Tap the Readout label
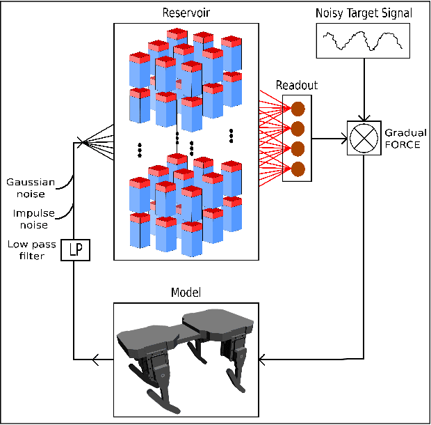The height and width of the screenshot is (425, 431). pyautogui.click(x=297, y=85)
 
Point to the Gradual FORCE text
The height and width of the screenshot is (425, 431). pyautogui.click(x=405, y=138)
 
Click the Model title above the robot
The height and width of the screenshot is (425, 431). pyautogui.click(x=186, y=292)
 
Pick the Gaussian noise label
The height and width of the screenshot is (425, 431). pyautogui.click(x=26, y=188)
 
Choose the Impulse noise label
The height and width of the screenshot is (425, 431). pyautogui.click(x=28, y=219)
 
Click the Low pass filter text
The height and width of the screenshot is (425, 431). pyautogui.click(x=26, y=250)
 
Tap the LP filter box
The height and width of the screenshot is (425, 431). pyautogui.click(x=74, y=249)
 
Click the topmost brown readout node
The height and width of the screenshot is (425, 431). pyautogui.click(x=298, y=109)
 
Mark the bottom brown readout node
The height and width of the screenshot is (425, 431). pyautogui.click(x=298, y=169)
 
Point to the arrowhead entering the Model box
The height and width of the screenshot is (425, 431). pyautogui.click(x=261, y=360)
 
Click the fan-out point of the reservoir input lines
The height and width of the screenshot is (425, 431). pyautogui.click(x=82, y=143)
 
